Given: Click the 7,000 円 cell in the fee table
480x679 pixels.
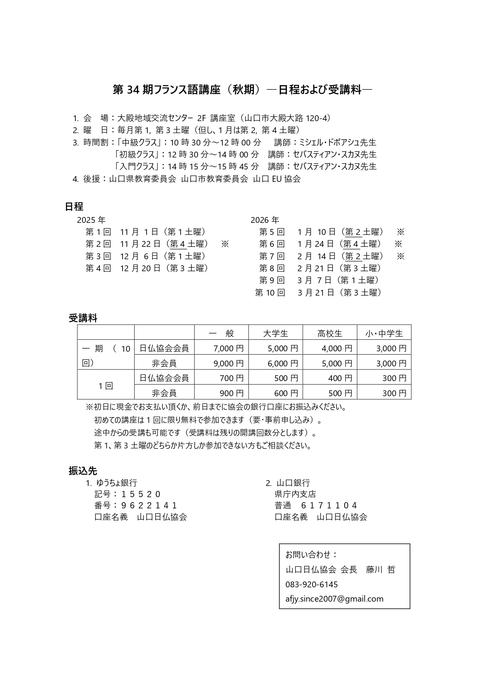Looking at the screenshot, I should click(228, 348).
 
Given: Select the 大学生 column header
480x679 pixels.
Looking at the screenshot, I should click(275, 333).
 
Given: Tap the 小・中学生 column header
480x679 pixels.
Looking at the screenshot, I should click(384, 333).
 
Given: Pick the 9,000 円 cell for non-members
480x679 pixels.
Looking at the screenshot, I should click(228, 363).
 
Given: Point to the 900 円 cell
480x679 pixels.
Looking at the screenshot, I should click(231, 393).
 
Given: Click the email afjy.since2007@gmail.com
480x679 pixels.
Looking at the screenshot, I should click(334, 599).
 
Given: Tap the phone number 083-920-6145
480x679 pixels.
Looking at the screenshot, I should click(311, 584).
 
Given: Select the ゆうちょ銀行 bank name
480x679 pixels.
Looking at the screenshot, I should click(116, 482).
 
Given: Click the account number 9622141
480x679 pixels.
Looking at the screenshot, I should click(149, 505).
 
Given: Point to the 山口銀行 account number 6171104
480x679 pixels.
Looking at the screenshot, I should click(328, 505).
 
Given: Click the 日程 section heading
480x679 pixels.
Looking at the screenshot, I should click(74, 206).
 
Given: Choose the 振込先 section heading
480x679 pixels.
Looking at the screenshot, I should click(83, 470).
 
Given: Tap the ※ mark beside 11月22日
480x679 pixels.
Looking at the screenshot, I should click(225, 244).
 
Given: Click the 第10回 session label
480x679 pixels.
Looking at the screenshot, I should click(270, 292).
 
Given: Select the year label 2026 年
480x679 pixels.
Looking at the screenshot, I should click(265, 220).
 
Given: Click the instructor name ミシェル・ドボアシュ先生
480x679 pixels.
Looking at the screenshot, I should click(335, 142).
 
